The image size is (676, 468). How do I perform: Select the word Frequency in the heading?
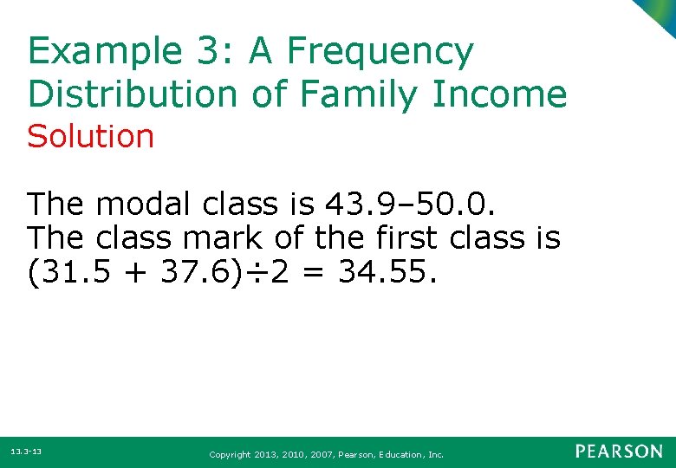point(380,53)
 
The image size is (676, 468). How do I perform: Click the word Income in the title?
point(507,94)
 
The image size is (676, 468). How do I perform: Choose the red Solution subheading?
point(90,137)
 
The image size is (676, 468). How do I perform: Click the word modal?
point(144,205)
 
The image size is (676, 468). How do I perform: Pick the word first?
point(404,237)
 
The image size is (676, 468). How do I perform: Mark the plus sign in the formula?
point(124,274)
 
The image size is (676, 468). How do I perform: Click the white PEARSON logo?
point(619,452)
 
